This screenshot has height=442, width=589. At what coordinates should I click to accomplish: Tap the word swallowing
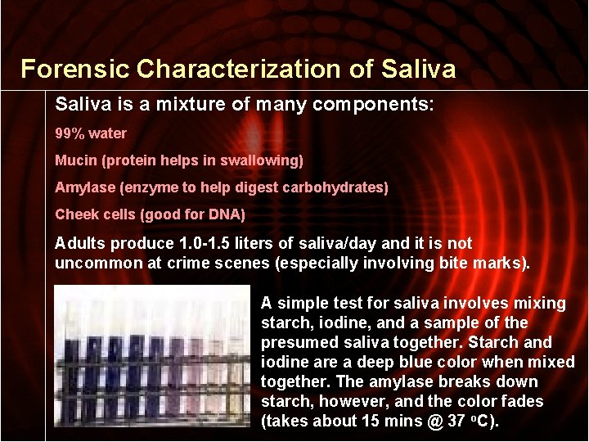265,160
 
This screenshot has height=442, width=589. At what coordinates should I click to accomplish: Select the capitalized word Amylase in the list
85,187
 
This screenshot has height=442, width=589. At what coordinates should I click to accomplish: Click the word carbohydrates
336,187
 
